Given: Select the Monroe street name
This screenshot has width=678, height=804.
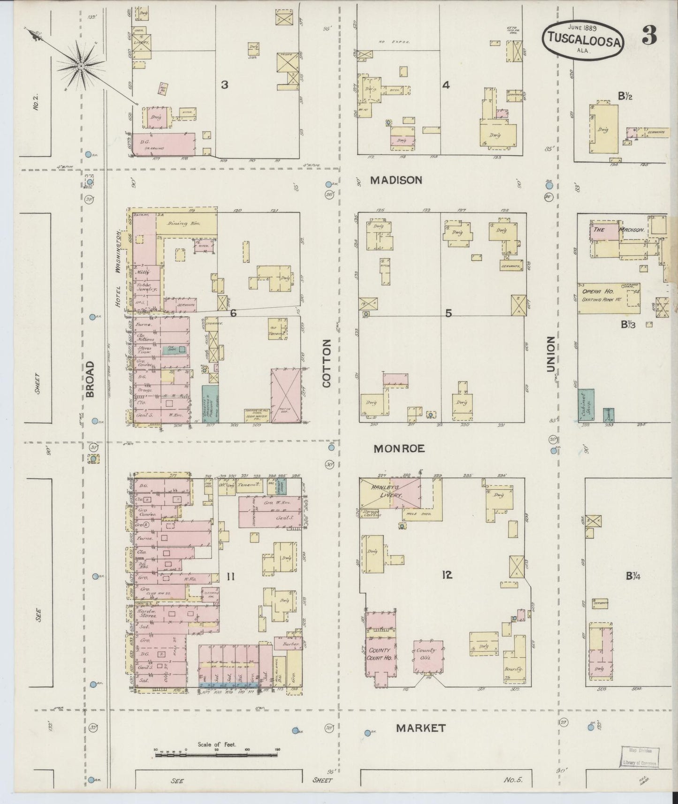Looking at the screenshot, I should point(399,448).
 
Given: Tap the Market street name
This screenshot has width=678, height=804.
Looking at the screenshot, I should point(420,728).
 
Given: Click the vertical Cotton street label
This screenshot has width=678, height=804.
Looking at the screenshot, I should point(327,364).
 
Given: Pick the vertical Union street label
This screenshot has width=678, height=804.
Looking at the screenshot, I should point(551,354).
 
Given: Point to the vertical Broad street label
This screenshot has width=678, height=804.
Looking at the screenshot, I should point(90,379).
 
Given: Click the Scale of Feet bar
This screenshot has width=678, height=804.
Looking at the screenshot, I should point(216,755).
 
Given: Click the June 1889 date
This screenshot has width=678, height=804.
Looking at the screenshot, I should point(582,27).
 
